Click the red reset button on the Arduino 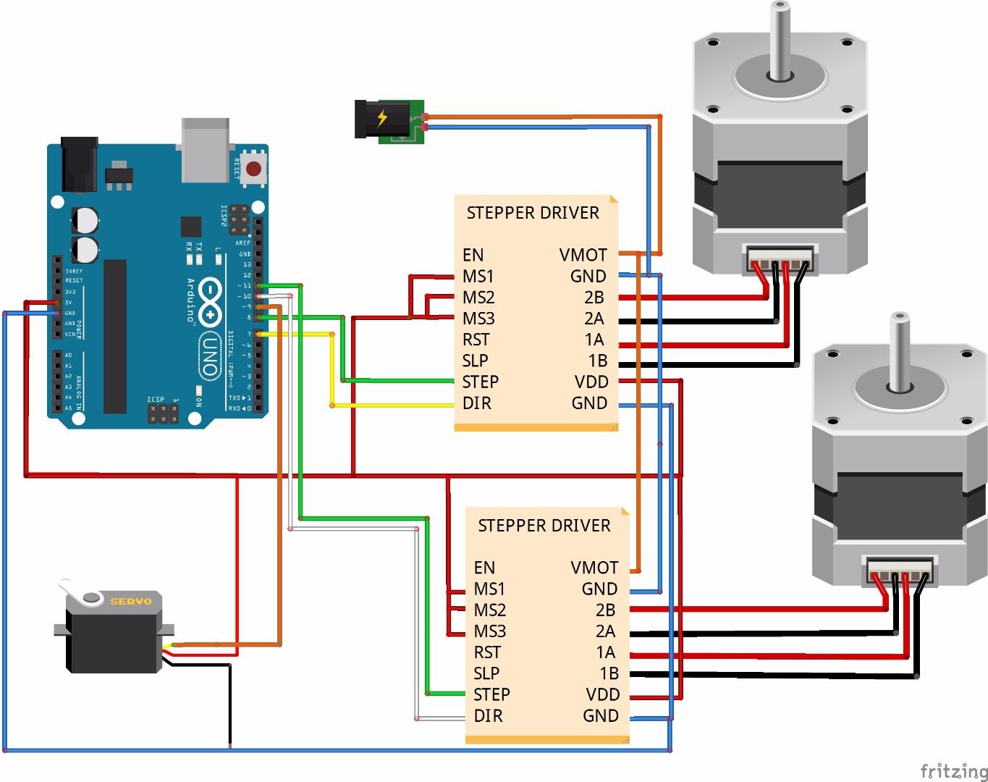[x=254, y=169]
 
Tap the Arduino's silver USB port [x=206, y=148]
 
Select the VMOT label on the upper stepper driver [x=583, y=255]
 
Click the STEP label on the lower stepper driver [x=491, y=694]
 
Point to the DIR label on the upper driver [x=476, y=403]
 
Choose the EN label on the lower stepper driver [x=484, y=568]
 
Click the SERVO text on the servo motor [x=131, y=601]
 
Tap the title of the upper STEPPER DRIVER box [x=533, y=213]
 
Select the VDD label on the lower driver [x=602, y=694]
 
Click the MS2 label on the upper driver [x=478, y=298]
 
